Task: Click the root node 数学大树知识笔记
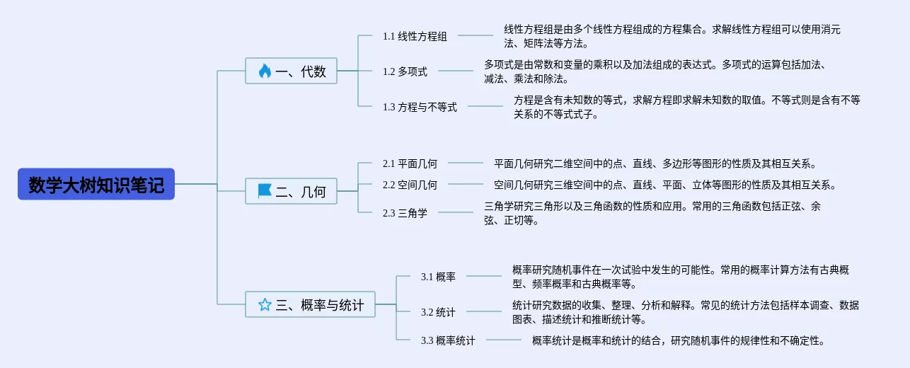click(96, 184)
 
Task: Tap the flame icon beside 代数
click(265, 71)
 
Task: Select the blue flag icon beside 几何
click(265, 191)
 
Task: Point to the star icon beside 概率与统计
click(265, 304)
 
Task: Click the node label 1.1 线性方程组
click(415, 36)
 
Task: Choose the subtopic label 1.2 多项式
click(405, 71)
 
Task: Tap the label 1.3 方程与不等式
click(420, 107)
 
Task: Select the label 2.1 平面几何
click(410, 163)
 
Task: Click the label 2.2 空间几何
click(410, 185)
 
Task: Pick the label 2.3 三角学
click(405, 213)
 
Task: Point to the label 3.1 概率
click(438, 277)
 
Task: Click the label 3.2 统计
click(438, 312)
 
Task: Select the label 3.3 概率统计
click(448, 340)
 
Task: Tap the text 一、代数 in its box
click(301, 71)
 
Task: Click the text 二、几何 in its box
click(301, 191)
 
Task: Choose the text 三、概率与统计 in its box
click(320, 304)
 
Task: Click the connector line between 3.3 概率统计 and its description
click(504, 340)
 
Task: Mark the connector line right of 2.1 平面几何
click(466, 163)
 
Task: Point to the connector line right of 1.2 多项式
click(456, 71)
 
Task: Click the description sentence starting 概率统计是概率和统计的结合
click(678, 340)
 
